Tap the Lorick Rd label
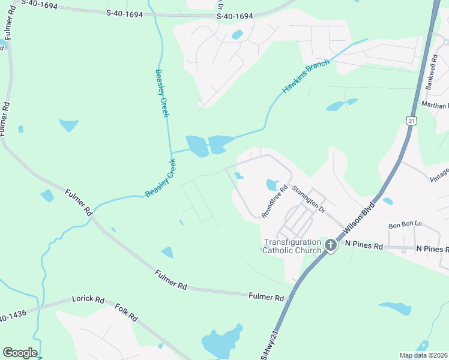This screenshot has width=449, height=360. [x=88, y=299]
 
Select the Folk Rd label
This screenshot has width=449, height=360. [x=126, y=312]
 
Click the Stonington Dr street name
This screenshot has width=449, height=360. [x=308, y=199]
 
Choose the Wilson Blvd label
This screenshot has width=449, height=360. [x=360, y=218]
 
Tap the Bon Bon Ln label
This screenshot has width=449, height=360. [x=405, y=225]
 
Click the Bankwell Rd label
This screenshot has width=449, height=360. [x=433, y=72]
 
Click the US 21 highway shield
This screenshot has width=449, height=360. [x=411, y=121]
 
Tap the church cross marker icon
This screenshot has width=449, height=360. [x=330, y=245]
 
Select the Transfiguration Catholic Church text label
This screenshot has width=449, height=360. [x=293, y=246]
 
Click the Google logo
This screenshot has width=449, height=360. [x=20, y=353]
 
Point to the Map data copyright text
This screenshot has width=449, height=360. [x=423, y=355]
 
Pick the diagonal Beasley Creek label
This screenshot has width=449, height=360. [x=161, y=179]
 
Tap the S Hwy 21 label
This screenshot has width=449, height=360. [x=270, y=344]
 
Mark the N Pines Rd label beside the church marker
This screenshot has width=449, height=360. [x=364, y=246]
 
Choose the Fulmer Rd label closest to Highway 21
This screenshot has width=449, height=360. [x=266, y=297]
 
